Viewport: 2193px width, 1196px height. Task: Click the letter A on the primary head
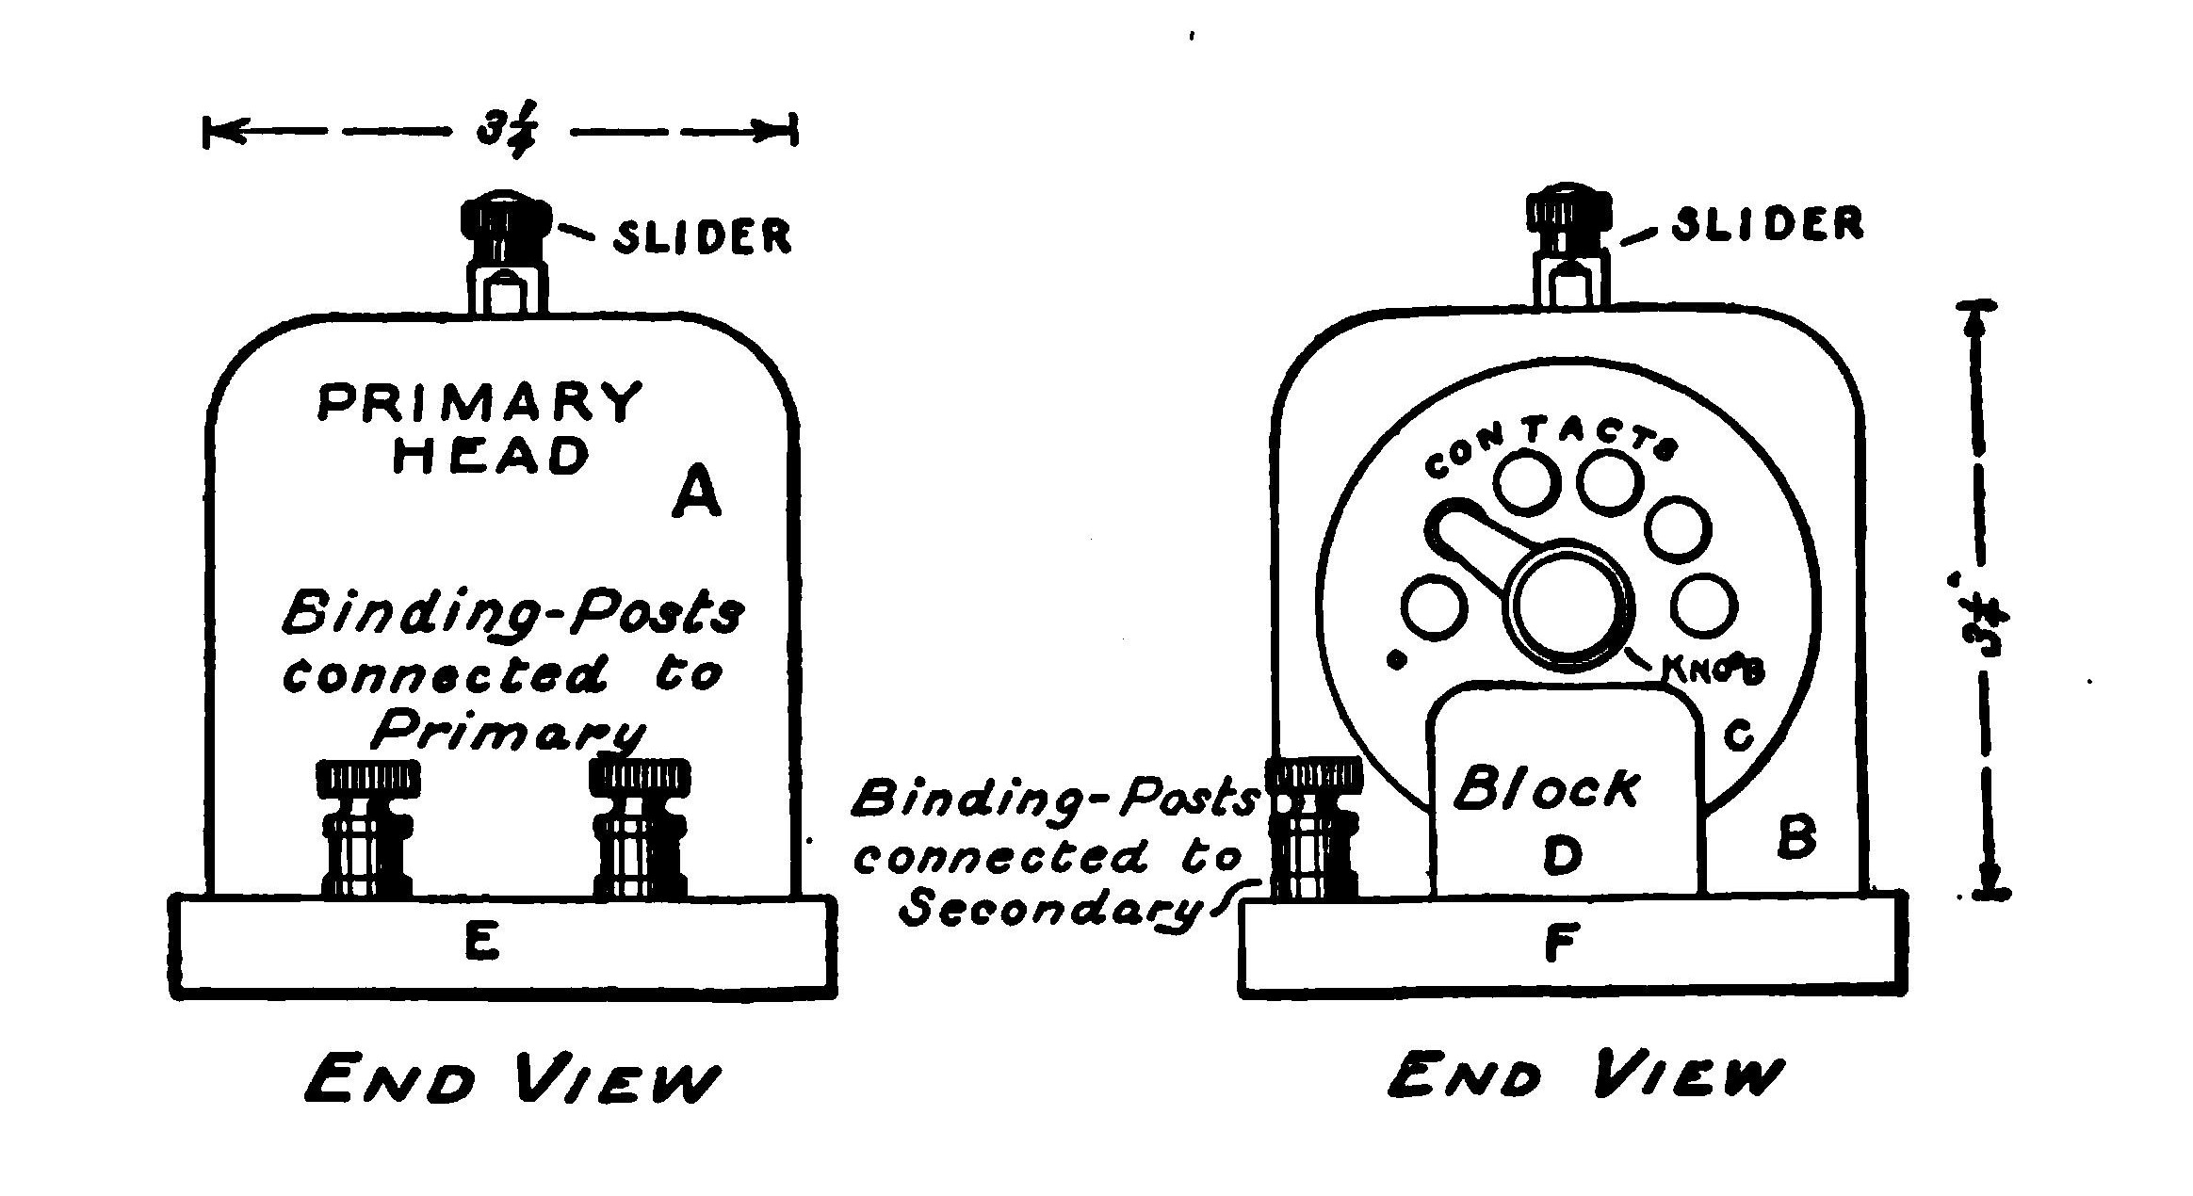pyautogui.click(x=696, y=495)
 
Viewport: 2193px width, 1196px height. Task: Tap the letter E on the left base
pyautogui.click(x=482, y=942)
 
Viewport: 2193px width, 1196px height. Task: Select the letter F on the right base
pyautogui.click(x=1560, y=943)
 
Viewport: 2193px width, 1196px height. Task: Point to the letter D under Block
pyautogui.click(x=1564, y=854)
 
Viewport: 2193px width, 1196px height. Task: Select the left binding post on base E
pyautogui.click(x=368, y=829)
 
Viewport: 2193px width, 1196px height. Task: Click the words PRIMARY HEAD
pyautogui.click(x=480, y=428)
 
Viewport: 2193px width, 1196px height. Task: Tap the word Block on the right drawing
pyautogui.click(x=1547, y=789)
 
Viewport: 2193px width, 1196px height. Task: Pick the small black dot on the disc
pyautogui.click(x=1398, y=661)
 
